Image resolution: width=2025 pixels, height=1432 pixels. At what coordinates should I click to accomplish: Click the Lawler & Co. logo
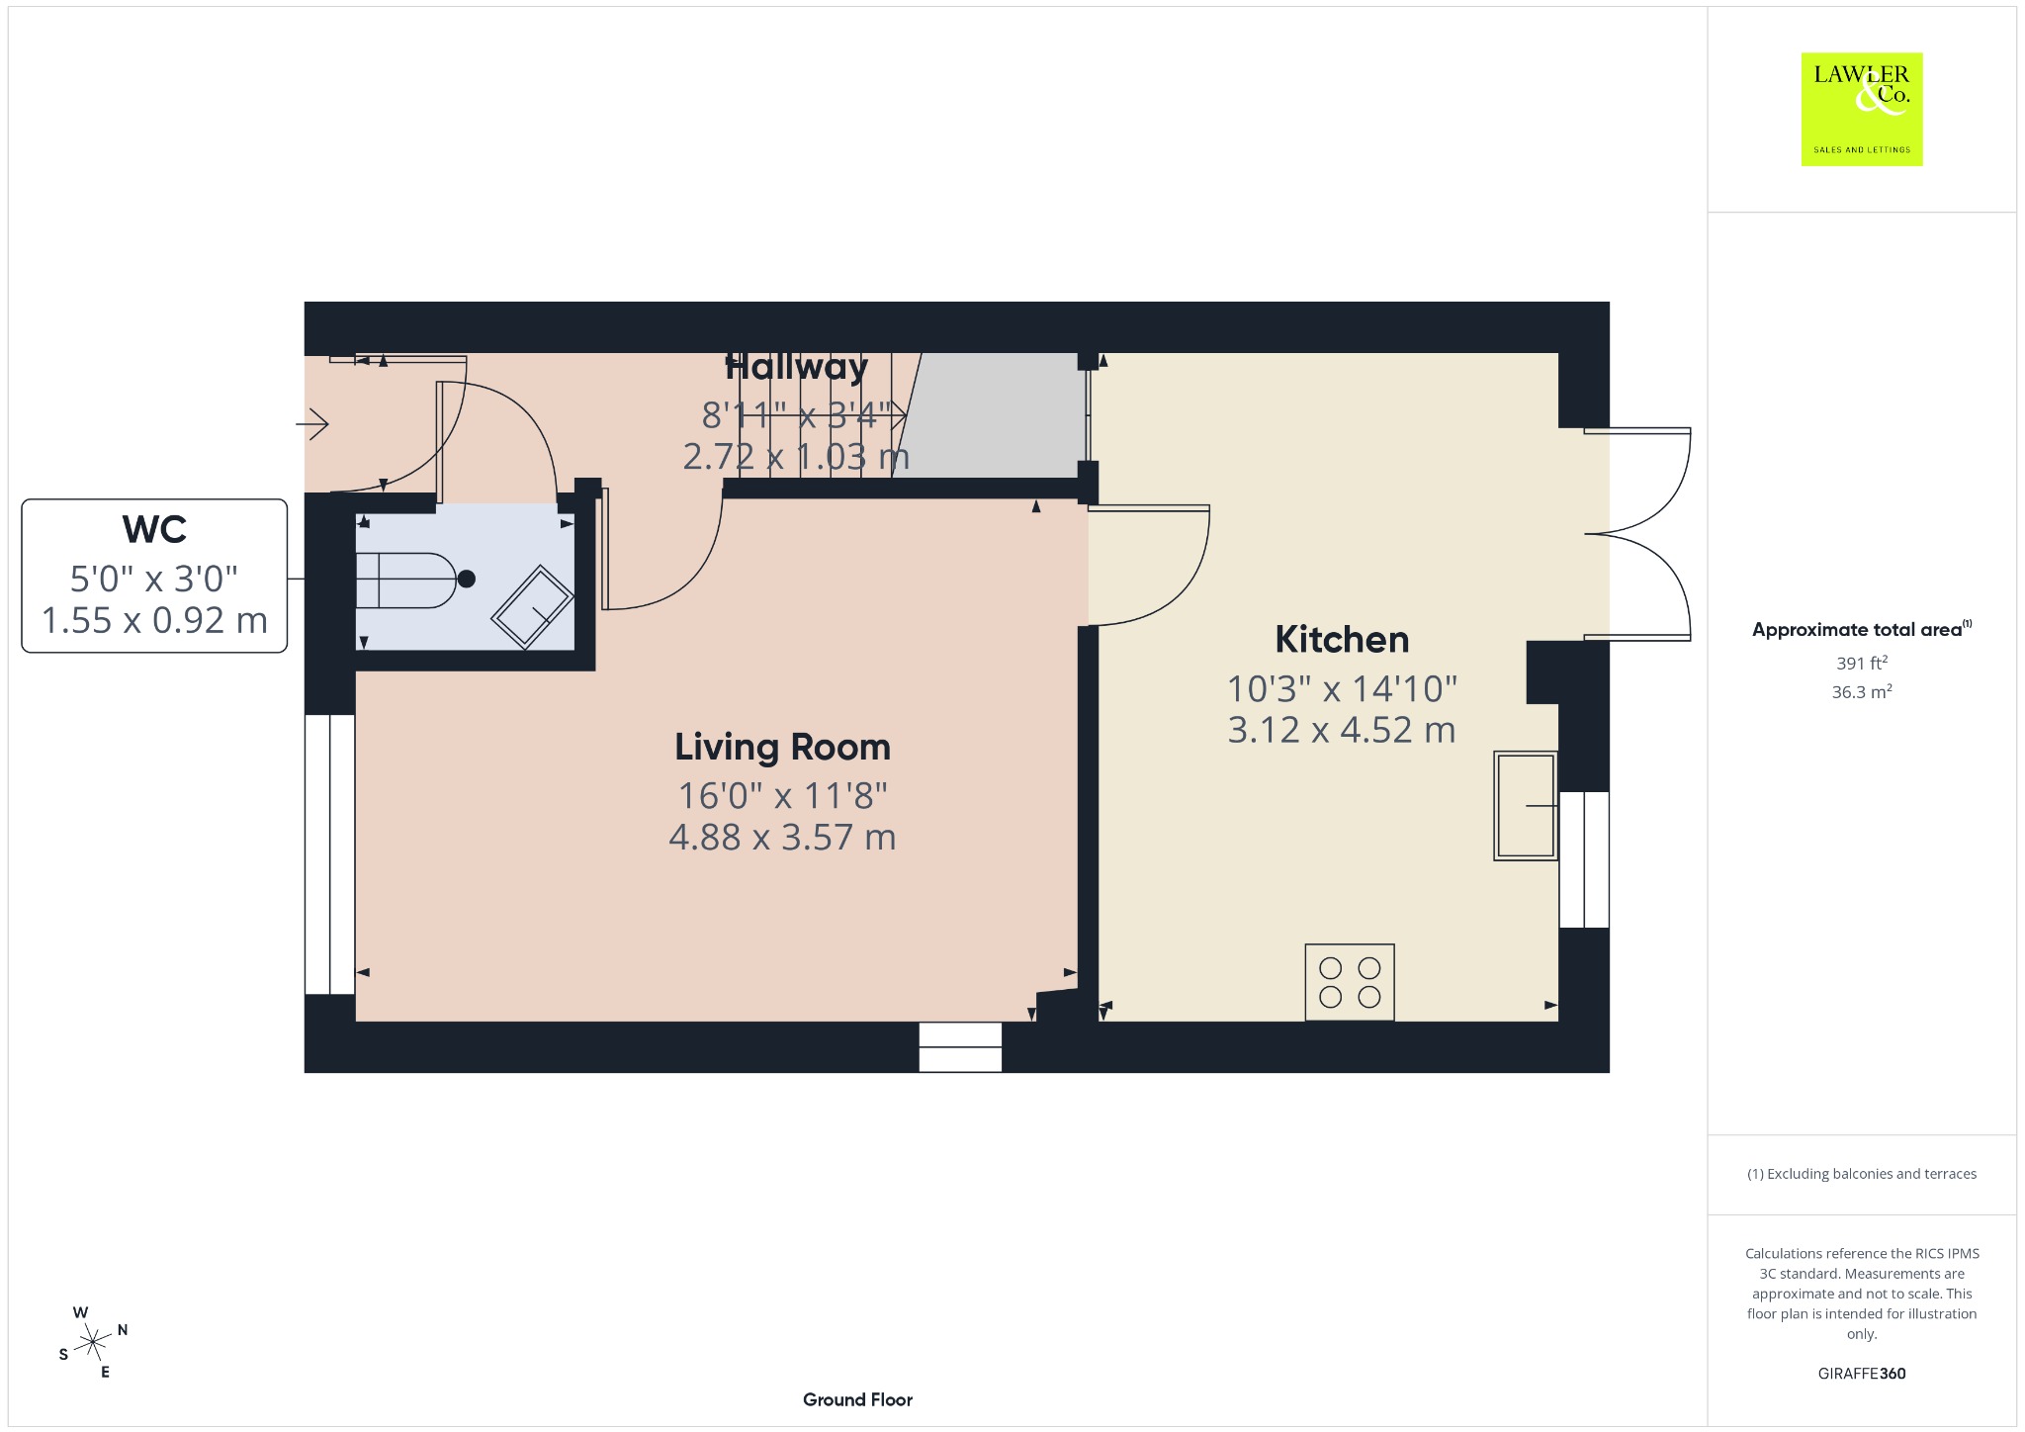[1862, 109]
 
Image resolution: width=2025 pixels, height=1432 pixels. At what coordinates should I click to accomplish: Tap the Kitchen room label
[1342, 640]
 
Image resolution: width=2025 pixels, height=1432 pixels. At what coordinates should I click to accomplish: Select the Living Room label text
[782, 748]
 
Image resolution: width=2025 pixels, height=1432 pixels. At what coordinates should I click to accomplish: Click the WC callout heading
[154, 530]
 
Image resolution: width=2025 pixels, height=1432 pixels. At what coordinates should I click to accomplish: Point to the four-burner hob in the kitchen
[1350, 982]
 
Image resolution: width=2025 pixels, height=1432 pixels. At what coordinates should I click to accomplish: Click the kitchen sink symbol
[1526, 806]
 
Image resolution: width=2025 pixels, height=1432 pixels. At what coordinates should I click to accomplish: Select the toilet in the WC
[415, 580]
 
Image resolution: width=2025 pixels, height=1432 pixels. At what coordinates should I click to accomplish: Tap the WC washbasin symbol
[533, 606]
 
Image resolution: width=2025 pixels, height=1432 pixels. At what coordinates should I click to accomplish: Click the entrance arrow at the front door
[312, 424]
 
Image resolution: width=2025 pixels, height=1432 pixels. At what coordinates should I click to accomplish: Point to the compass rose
[93, 1342]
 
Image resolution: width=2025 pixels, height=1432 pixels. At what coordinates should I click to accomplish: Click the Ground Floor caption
[857, 1399]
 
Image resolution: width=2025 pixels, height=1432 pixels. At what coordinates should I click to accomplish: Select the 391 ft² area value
[1862, 663]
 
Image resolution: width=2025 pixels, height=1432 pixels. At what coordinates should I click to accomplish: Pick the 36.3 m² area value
[1862, 691]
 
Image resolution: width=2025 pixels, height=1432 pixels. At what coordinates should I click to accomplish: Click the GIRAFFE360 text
[1862, 1373]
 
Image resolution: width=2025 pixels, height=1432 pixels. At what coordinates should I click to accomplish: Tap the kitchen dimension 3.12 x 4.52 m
[1342, 730]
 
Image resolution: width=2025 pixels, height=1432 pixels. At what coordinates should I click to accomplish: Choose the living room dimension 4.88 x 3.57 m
[782, 838]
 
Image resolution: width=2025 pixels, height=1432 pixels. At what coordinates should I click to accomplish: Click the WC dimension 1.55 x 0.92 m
[154, 620]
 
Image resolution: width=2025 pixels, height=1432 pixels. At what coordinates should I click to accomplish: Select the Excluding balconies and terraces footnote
[1862, 1174]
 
